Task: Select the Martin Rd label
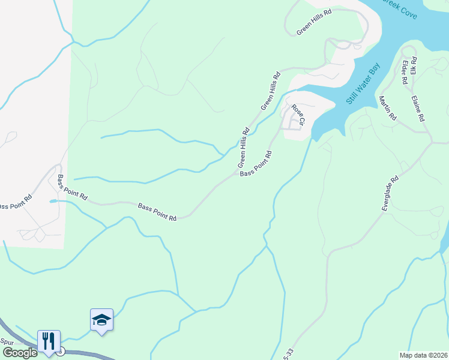[388, 108]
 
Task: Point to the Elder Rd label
[403, 71]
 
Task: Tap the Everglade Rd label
[390, 193]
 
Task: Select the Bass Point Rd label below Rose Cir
[256, 163]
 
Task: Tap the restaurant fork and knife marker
[47, 340]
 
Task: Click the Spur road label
[7, 341]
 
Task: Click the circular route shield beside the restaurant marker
[60, 352]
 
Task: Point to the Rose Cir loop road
[292, 122]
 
